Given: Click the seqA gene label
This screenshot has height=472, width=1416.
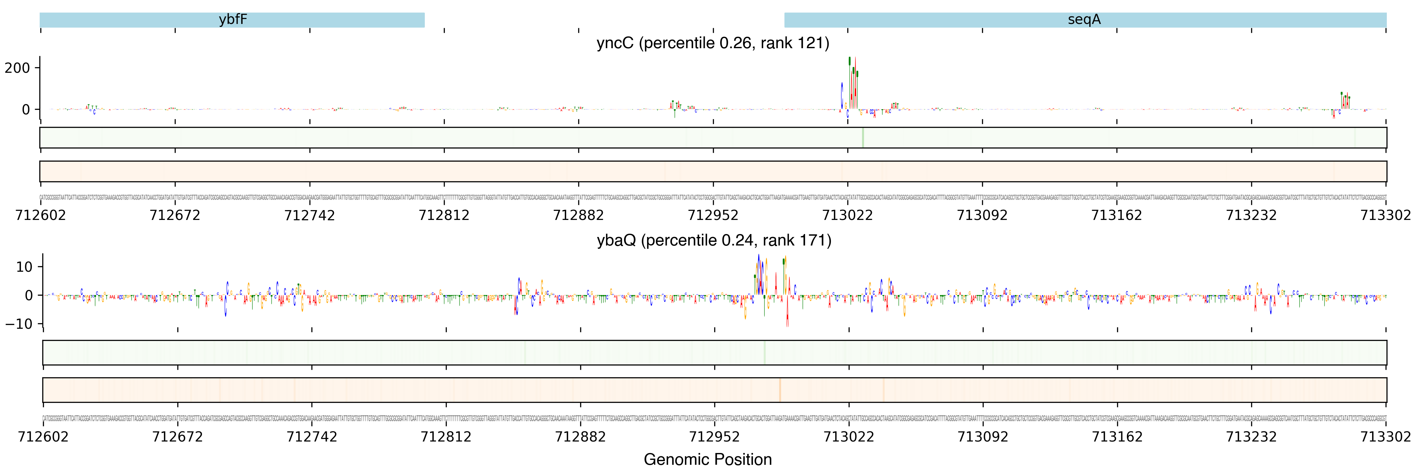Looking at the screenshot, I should point(1084,20).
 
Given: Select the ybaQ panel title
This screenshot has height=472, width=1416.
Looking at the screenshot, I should point(714,240).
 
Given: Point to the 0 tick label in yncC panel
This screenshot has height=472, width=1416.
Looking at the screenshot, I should point(26,110).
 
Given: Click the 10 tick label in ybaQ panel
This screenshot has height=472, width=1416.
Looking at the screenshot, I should point(24,267).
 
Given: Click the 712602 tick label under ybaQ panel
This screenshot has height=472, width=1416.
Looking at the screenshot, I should point(43,437).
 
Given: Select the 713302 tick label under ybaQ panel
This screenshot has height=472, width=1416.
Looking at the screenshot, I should point(1385,437).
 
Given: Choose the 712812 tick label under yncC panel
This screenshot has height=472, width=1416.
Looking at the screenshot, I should point(444,215).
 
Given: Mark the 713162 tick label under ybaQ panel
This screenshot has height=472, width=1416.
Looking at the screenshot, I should point(1117,437).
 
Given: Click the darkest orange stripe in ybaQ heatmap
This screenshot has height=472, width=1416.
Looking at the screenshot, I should point(779,390).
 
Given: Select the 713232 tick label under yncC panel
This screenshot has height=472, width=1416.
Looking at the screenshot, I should point(1251,215).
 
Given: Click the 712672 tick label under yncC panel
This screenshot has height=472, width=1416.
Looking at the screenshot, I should point(175,215).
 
